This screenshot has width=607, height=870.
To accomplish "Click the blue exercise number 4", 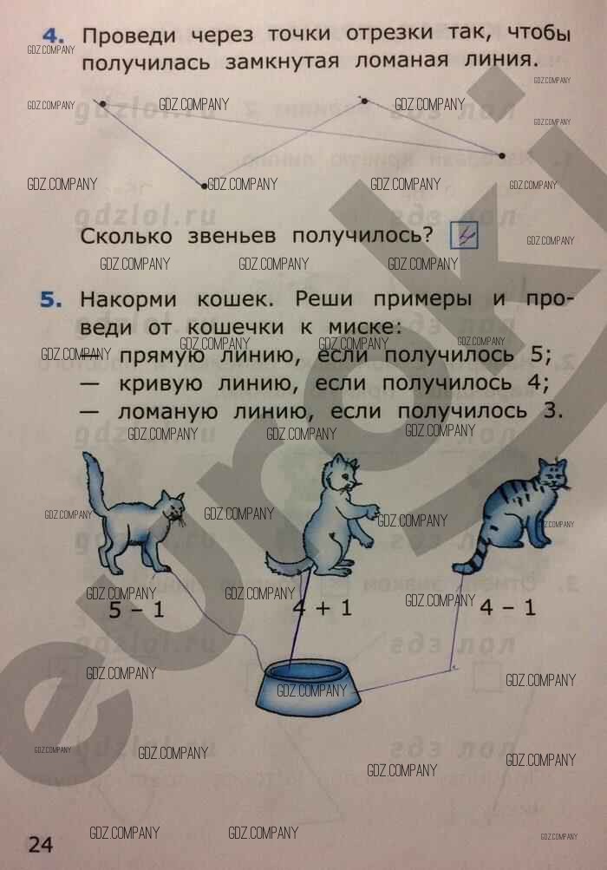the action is pos(53,36).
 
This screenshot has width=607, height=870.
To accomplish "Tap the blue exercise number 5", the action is pos(51,300).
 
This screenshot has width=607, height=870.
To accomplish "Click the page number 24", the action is pos(41,845).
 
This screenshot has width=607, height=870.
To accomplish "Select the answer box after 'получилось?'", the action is pos(464,235).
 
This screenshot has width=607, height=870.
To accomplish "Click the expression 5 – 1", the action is pos(136,610).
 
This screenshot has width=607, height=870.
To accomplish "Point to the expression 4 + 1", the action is pos(323,608).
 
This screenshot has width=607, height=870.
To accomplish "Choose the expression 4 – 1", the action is pos(507,607).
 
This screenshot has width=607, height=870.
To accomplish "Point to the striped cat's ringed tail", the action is pos(475,555).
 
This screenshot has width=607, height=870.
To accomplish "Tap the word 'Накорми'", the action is pos(128,299).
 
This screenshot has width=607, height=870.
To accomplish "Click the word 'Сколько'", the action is pos(127,236).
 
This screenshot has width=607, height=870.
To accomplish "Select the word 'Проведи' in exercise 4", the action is pos(129,36).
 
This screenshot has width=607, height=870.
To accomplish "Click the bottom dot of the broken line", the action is pos(204,186).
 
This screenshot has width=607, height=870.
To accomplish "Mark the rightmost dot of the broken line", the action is pos(502,156).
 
